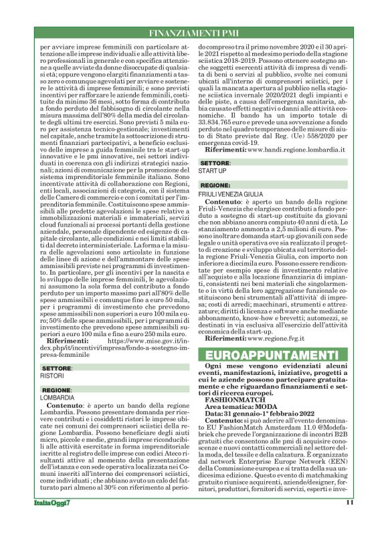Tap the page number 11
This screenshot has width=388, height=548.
click(349, 521)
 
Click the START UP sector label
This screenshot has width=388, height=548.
click(212, 170)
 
